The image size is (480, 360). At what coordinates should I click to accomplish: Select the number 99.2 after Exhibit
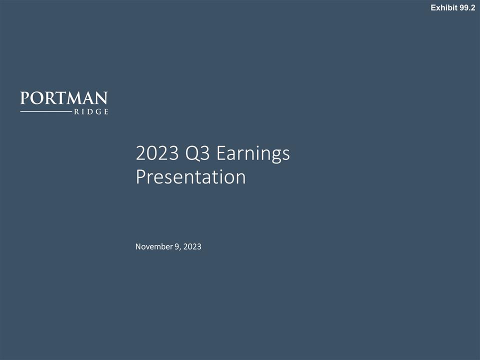tap(466, 7)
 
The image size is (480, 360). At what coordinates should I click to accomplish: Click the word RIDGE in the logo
tap(91, 112)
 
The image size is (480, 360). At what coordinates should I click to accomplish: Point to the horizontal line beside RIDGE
tap(45, 112)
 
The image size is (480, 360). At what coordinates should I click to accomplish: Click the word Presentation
tap(190, 177)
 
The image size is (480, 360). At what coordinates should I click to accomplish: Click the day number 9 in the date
tap(177, 246)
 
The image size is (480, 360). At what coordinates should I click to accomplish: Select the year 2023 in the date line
tap(192, 246)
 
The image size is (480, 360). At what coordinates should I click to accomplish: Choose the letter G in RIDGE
tap(98, 112)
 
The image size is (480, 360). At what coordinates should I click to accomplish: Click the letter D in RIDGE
tap(90, 112)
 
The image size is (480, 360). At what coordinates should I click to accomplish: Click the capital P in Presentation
tap(140, 177)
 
